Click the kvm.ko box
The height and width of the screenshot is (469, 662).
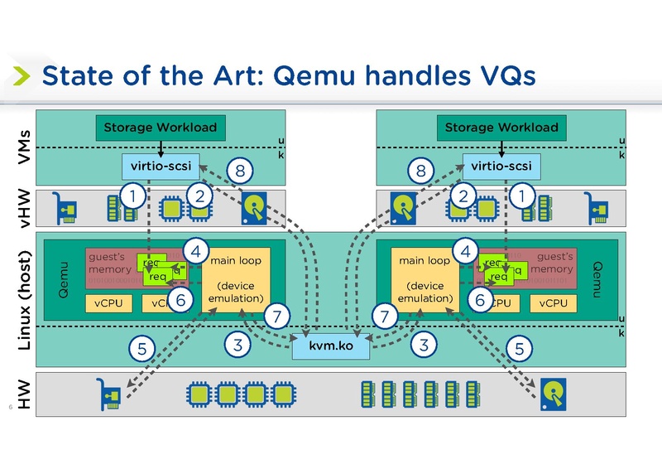(331, 346)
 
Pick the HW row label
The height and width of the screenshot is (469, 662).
(25, 393)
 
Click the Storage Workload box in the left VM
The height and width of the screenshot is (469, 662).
(160, 128)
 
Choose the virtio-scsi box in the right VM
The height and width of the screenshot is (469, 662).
(501, 166)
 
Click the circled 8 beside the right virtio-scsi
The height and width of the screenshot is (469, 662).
(421, 172)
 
